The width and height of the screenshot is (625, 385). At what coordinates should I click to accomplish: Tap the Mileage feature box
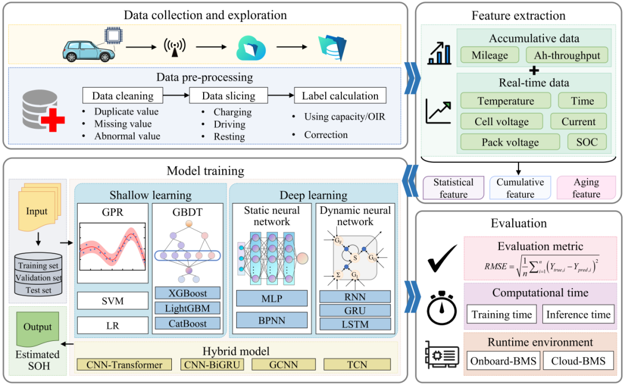[x=490, y=56]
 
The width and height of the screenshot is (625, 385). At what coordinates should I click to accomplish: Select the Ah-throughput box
[x=567, y=56]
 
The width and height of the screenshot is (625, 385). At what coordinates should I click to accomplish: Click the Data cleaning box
[x=123, y=96]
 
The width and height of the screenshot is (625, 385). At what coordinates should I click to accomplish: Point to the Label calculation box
[x=340, y=96]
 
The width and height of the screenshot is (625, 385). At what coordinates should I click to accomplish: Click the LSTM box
[x=355, y=324]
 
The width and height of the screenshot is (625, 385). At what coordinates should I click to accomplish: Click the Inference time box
[x=578, y=315]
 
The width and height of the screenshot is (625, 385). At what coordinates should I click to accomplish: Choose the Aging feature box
[x=586, y=188]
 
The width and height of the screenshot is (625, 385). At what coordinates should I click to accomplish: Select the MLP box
[x=271, y=298]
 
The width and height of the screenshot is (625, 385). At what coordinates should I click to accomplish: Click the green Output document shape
[x=38, y=328]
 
